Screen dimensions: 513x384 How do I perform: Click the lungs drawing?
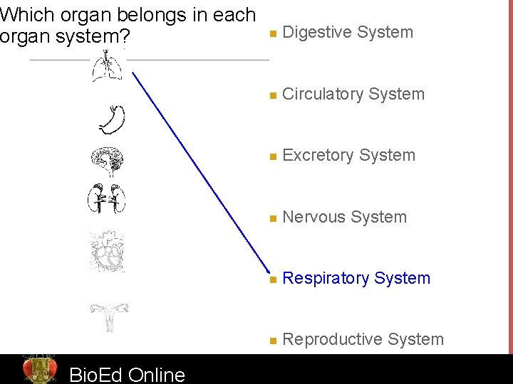(x=108, y=66)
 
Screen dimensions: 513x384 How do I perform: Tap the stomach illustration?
(x=113, y=119)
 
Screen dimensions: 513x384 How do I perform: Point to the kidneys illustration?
(x=108, y=198)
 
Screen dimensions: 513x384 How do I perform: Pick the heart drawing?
(x=108, y=252)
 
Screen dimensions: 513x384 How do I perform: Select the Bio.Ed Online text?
(x=127, y=374)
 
